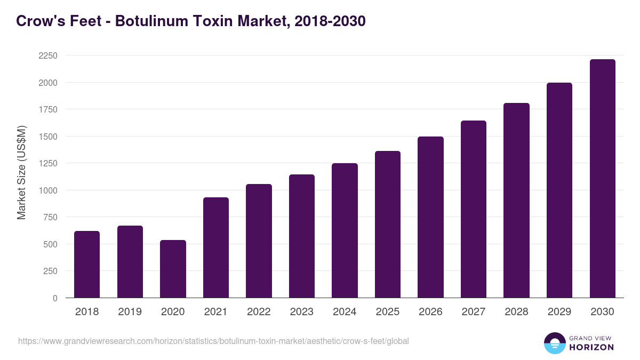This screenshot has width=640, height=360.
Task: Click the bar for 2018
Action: pyautogui.click(x=87, y=265)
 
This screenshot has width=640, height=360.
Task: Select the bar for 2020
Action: pyautogui.click(x=173, y=269)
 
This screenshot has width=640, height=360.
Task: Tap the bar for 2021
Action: pyautogui.click(x=216, y=247)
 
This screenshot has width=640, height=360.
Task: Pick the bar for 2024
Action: pyautogui.click(x=345, y=230)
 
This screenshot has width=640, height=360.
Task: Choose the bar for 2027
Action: pyautogui.click(x=474, y=209)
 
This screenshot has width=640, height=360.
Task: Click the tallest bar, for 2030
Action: pyautogui.click(x=602, y=179)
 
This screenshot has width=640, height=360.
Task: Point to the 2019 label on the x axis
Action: pyautogui.click(x=130, y=312)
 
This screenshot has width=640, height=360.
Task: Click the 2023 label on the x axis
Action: pyautogui.click(x=301, y=312)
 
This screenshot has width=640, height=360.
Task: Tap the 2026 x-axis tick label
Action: pyautogui.click(x=430, y=312)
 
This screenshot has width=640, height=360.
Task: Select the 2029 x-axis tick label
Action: pyautogui.click(x=559, y=312)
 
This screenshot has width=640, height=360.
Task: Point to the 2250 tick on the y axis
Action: pyautogui.click(x=48, y=56)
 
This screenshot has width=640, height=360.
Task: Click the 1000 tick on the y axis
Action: pyautogui.click(x=48, y=190)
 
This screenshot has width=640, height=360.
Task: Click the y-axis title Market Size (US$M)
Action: pyautogui.click(x=21, y=172)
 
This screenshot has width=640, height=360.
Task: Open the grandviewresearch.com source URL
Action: pyautogui.click(x=213, y=341)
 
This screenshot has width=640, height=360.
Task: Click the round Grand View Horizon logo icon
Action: pyautogui.click(x=554, y=343)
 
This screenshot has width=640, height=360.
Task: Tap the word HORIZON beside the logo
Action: pyautogui.click(x=591, y=347)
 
